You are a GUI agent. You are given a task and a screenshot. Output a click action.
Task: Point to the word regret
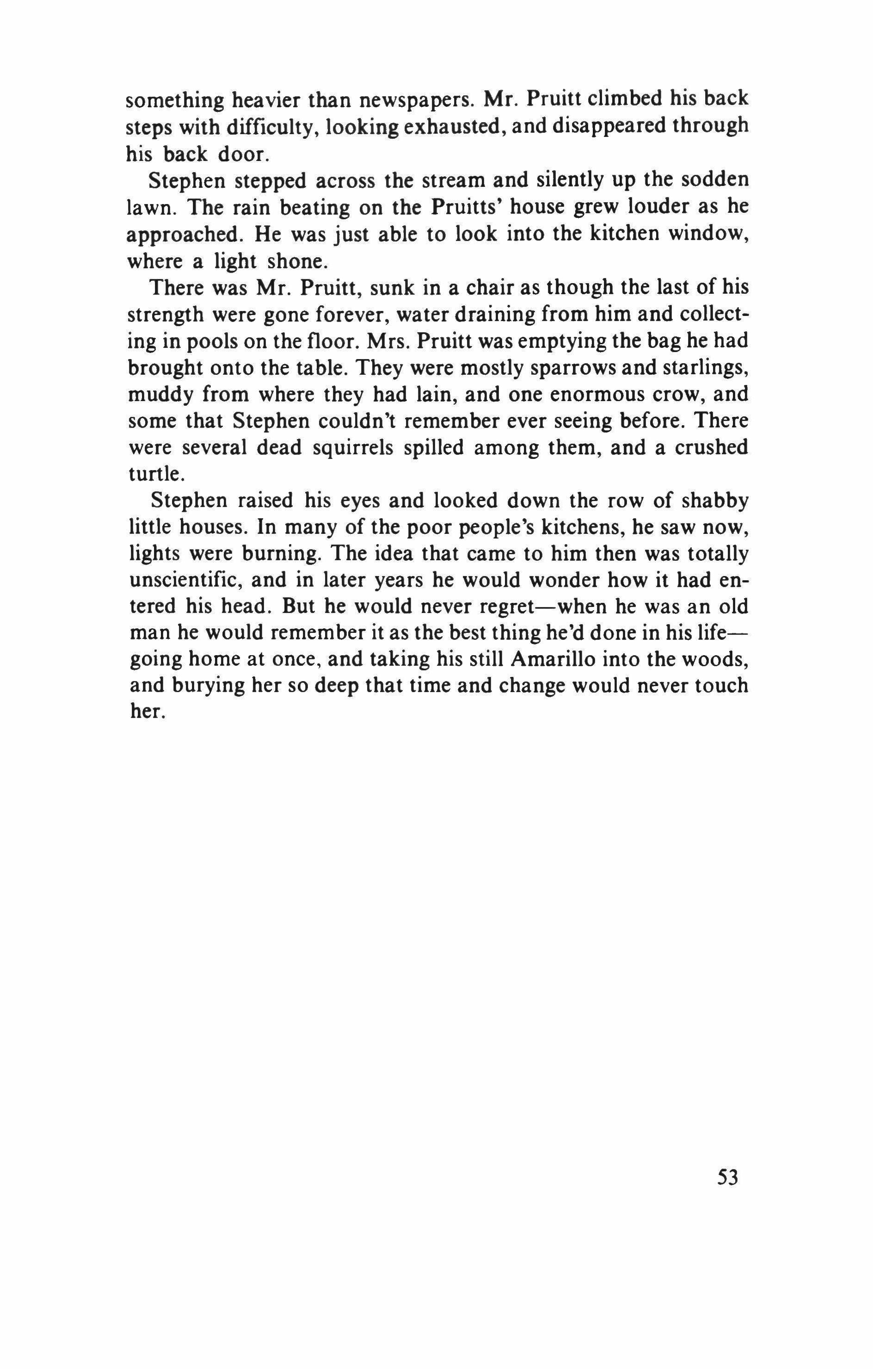click(513, 607)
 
